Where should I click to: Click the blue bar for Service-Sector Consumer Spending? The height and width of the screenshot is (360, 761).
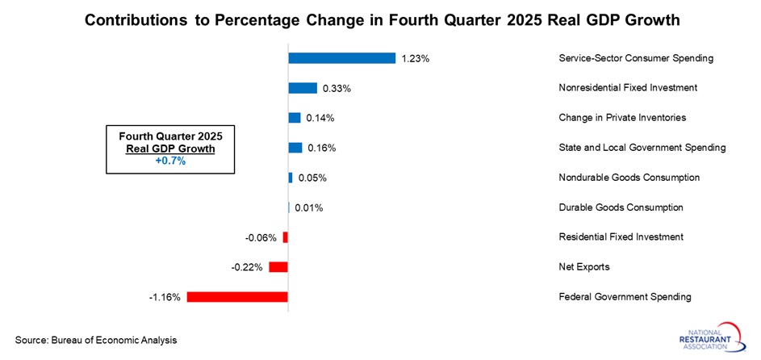pyautogui.click(x=341, y=58)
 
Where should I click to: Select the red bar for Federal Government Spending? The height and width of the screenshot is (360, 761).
pyautogui.click(x=237, y=296)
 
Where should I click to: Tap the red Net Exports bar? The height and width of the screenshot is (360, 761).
pyautogui.click(x=278, y=266)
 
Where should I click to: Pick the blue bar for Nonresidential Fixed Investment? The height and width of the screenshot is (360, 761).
pyautogui.click(x=303, y=88)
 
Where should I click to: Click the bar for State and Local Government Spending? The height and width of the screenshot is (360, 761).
pyautogui.click(x=295, y=148)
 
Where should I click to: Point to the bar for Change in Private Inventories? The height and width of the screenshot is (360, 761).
pyautogui.click(x=295, y=118)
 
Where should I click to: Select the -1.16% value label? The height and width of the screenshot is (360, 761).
pyautogui.click(x=165, y=297)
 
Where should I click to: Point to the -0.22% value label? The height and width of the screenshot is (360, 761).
pyautogui.click(x=247, y=267)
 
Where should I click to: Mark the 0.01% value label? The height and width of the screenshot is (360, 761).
pyautogui.click(x=309, y=207)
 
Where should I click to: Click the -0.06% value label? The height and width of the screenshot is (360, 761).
pyautogui.click(x=261, y=237)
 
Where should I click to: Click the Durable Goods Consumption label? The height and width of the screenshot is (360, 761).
pyautogui.click(x=621, y=207)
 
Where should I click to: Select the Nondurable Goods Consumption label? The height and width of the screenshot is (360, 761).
pyautogui.click(x=629, y=178)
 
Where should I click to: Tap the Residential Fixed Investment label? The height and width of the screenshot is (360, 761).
pyautogui.click(x=621, y=237)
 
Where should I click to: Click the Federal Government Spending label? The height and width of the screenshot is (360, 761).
pyautogui.click(x=625, y=297)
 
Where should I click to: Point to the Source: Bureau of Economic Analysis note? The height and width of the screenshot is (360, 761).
pyautogui.click(x=96, y=340)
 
